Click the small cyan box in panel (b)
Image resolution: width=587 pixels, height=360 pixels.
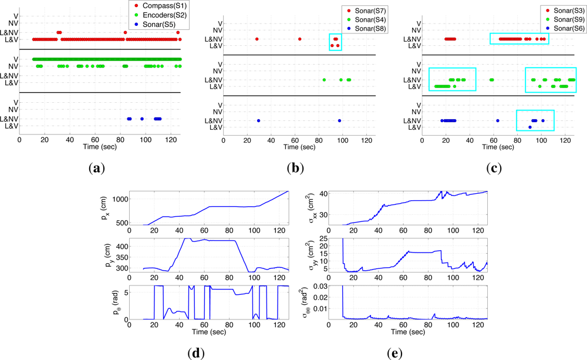point(335,42)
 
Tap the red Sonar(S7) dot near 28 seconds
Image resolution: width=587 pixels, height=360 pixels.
point(257,39)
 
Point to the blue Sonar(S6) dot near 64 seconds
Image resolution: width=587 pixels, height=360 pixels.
point(498,120)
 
